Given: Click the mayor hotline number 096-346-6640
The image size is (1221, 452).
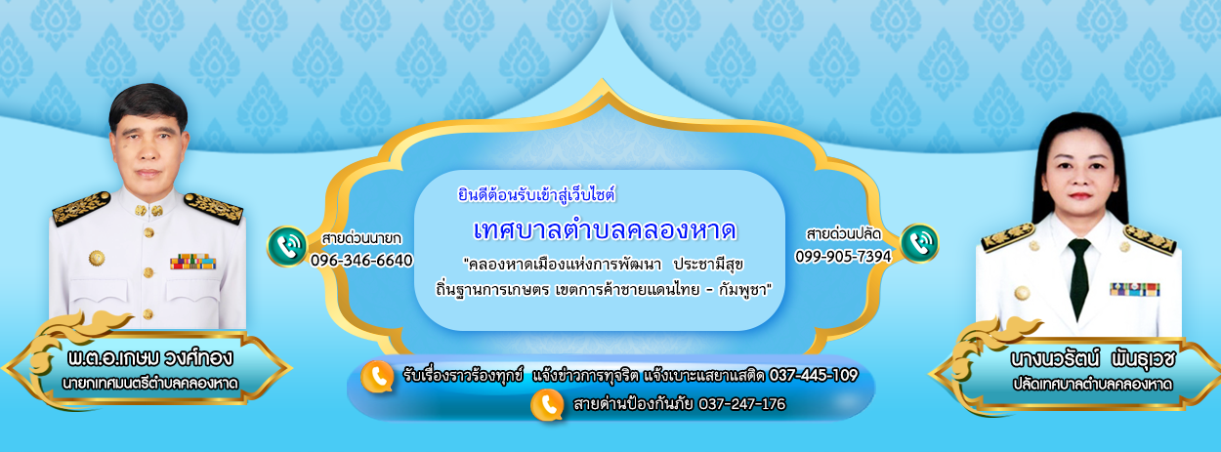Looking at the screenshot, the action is (361, 261).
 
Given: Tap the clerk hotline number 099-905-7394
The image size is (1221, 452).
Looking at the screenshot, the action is (843, 256).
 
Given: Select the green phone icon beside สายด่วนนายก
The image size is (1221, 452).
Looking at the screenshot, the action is (287, 246).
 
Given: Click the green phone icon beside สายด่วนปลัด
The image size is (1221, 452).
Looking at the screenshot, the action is (919, 243).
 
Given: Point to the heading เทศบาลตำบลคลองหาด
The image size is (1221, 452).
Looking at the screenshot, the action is (605, 230).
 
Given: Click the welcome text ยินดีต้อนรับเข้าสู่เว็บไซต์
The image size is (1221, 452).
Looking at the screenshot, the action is (537, 195).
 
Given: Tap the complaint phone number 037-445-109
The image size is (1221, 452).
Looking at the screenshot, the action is (814, 375).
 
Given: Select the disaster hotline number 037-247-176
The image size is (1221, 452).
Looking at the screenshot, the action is (741, 404).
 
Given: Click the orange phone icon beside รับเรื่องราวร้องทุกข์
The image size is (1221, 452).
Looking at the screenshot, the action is (377, 376).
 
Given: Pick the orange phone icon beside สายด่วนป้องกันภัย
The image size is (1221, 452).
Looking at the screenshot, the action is (547, 407).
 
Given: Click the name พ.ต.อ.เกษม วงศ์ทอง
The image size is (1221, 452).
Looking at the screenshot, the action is (149, 357).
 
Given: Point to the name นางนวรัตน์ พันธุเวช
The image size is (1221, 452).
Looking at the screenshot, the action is (1093, 359).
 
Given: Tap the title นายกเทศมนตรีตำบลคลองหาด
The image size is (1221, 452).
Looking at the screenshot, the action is (149, 384).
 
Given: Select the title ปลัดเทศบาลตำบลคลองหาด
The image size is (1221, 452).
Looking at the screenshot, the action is (1092, 384).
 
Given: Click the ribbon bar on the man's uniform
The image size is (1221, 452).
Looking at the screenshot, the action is (193, 262).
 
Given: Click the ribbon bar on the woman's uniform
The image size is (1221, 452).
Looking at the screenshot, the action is (1135, 289).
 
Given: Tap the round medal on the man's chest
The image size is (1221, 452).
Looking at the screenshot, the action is (97, 258).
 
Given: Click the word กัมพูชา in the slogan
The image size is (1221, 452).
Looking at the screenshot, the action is (742, 290).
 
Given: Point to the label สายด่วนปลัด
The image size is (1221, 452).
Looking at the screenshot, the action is (843, 234).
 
